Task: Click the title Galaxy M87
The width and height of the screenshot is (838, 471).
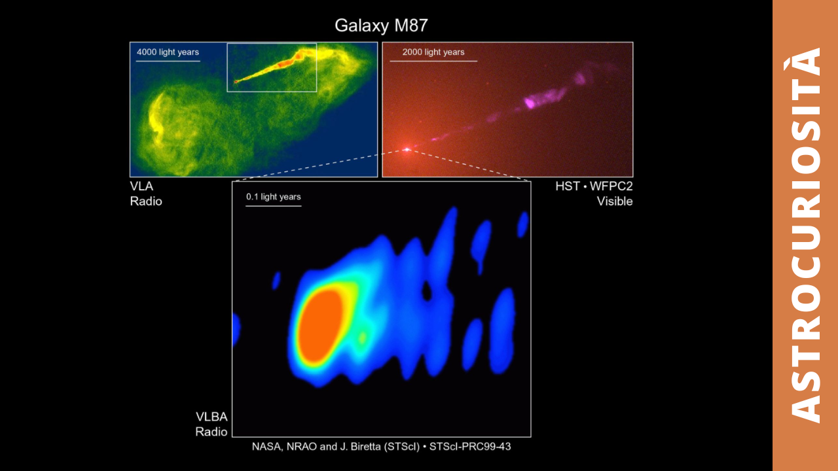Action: tap(381, 26)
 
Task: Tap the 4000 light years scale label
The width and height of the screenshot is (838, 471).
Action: tap(168, 52)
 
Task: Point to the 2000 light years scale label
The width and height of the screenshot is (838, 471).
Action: tap(433, 52)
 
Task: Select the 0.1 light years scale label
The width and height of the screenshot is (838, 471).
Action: tap(273, 197)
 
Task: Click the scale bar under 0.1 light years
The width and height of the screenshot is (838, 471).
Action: tap(274, 205)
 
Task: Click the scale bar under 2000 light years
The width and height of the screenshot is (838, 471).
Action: tap(433, 61)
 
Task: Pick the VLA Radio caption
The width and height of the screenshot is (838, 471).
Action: tap(146, 194)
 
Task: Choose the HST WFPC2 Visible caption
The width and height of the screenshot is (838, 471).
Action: tap(594, 194)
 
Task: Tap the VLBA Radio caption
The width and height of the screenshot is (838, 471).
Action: tap(211, 425)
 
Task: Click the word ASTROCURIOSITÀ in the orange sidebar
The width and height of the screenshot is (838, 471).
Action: tap(805, 235)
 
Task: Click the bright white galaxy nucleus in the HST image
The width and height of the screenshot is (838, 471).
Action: tap(407, 150)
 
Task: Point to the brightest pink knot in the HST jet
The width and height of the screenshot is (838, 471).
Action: tap(530, 102)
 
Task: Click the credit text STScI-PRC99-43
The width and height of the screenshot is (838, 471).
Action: tap(470, 447)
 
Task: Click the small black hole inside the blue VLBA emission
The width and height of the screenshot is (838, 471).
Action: tap(426, 291)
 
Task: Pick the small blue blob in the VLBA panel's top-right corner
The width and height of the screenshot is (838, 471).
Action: tap(522, 224)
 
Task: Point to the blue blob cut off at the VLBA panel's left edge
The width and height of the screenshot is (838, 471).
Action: tap(236, 330)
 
